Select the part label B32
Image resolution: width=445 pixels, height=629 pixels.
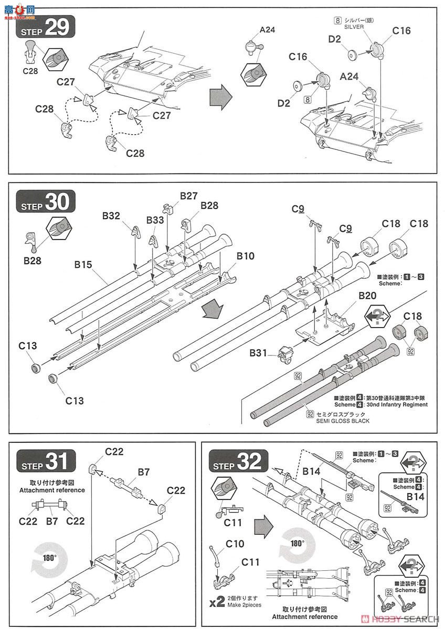(111, 215)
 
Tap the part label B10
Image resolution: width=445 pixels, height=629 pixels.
(245, 256)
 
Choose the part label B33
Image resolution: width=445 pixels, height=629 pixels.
(155, 220)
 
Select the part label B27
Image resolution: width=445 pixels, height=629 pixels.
(188, 196)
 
